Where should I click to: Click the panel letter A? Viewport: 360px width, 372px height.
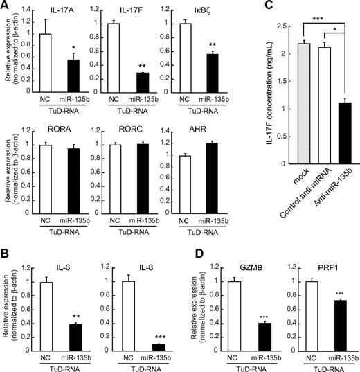(6, 6)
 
